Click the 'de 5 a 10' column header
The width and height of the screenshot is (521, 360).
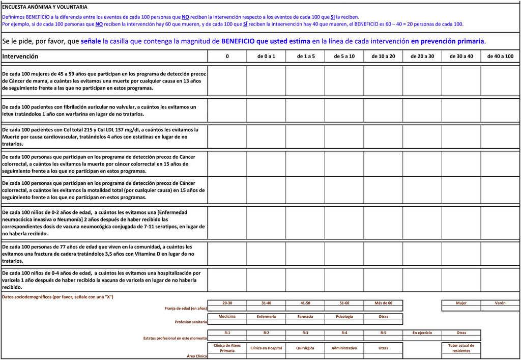[344, 57]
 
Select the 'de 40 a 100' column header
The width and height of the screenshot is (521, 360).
[500, 57]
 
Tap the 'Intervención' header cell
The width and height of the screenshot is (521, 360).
[20, 57]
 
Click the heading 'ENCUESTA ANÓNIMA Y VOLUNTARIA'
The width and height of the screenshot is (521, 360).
[45, 7]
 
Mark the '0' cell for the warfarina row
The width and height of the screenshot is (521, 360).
[227, 110]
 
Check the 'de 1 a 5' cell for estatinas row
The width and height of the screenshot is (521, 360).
[305, 136]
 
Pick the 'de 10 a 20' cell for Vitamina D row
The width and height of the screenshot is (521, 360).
[383, 254]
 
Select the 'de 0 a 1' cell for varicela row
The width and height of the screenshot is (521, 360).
[266, 280]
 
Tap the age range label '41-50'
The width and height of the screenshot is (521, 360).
[305, 303]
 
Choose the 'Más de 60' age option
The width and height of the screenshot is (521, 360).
[383, 303]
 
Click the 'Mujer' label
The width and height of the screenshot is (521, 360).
[461, 303]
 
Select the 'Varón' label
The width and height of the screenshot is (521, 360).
[500, 303]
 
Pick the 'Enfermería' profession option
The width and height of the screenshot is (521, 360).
[266, 316]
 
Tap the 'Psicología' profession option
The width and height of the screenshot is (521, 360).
[344, 316]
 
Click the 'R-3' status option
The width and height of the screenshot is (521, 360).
[305, 333]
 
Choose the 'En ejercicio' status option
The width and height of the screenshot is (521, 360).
[422, 333]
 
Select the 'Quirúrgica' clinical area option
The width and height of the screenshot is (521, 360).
[305, 348]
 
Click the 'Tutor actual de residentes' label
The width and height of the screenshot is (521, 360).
[461, 348]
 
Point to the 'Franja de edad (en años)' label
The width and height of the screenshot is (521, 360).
[186, 308]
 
